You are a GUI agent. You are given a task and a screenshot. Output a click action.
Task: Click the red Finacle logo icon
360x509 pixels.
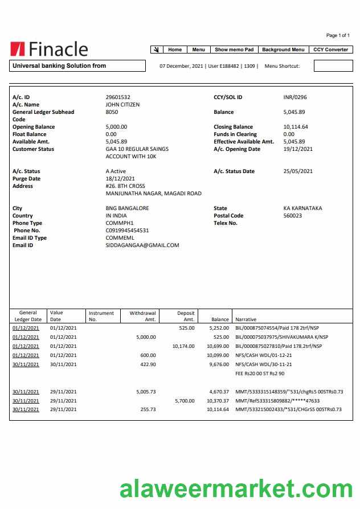(17, 50)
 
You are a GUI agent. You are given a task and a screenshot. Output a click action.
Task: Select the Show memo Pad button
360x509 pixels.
(234, 50)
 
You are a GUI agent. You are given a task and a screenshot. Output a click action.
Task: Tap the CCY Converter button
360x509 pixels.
(330, 50)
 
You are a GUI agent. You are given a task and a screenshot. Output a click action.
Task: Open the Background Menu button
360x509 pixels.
(283, 50)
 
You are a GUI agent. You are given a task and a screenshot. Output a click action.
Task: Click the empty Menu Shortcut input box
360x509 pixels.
(333, 66)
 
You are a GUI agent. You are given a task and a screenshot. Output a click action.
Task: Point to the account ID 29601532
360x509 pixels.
(118, 97)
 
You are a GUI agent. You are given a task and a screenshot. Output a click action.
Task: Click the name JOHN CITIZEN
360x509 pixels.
(122, 105)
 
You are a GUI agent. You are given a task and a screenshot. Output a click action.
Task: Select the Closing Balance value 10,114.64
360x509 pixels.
(296, 127)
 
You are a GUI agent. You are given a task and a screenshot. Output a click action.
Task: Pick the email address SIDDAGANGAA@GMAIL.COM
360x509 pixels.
(142, 245)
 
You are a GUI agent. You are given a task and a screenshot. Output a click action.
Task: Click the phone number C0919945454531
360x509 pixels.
(128, 231)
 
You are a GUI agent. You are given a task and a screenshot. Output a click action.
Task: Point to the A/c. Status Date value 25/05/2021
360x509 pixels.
(298, 171)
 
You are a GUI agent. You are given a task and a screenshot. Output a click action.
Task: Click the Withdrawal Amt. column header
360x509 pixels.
(142, 316)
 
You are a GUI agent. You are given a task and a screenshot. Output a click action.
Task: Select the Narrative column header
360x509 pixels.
(246, 320)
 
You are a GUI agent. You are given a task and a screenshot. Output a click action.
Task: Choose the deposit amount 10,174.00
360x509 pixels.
(183, 346)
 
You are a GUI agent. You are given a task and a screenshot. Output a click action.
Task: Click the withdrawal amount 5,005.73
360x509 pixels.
(146, 392)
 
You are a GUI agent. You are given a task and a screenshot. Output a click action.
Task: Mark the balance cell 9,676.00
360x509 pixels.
(219, 364)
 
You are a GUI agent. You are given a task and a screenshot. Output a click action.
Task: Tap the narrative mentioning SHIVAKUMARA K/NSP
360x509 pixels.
(281, 337)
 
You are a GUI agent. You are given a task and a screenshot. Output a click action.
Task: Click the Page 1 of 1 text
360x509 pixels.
(338, 35)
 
